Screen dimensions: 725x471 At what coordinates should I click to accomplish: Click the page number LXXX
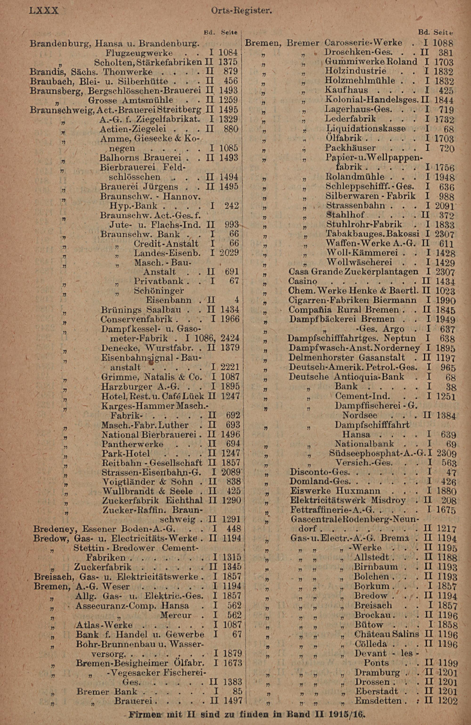(44, 11)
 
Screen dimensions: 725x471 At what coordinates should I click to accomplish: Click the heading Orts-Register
(241, 11)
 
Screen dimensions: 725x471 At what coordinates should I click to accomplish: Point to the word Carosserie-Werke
(363, 42)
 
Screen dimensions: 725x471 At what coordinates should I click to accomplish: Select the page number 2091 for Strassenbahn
(444, 206)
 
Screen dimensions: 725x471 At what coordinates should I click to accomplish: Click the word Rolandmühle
(355, 177)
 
